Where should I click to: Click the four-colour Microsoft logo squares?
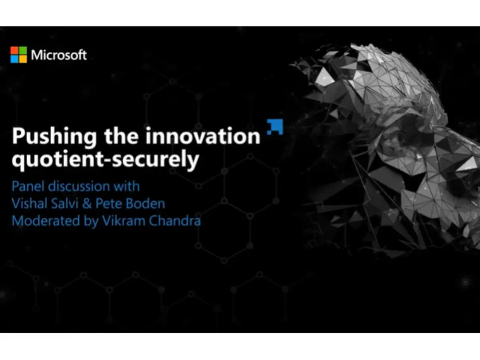click(19, 55)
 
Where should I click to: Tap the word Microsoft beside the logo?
click(59, 55)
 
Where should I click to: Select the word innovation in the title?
click(203, 136)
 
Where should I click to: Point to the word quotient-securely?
click(105, 160)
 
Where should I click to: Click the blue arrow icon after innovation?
click(275, 126)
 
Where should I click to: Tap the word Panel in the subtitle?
click(27, 186)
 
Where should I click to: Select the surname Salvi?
click(65, 204)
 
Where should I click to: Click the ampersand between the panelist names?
click(88, 204)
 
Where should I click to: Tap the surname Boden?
click(145, 204)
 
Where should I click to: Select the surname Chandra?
click(175, 221)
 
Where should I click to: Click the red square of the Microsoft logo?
click(14, 50)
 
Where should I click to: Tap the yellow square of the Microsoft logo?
click(23, 59)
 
